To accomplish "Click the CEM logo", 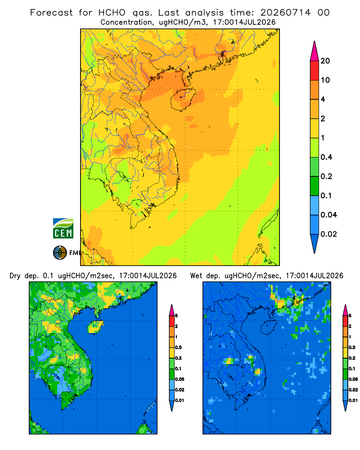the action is (63, 228).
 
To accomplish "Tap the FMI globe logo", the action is (60, 252).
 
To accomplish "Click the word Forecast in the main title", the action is (52, 13).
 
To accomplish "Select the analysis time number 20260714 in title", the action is (285, 13).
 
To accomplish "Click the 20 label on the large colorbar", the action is (325, 61).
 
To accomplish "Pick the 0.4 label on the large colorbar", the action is (326, 157).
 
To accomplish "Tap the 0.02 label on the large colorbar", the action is (328, 234).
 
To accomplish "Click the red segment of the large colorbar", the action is (315, 71).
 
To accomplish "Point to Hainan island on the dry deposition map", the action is (95, 327).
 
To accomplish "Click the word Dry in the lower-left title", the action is (15, 276).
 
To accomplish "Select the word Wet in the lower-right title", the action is (196, 275).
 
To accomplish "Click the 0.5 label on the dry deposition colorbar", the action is (178, 347).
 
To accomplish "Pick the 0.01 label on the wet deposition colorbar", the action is (353, 400).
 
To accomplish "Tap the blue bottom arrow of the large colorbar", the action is (315, 243).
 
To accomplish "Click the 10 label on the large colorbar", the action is (325, 80).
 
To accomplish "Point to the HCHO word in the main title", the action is (112, 13).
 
